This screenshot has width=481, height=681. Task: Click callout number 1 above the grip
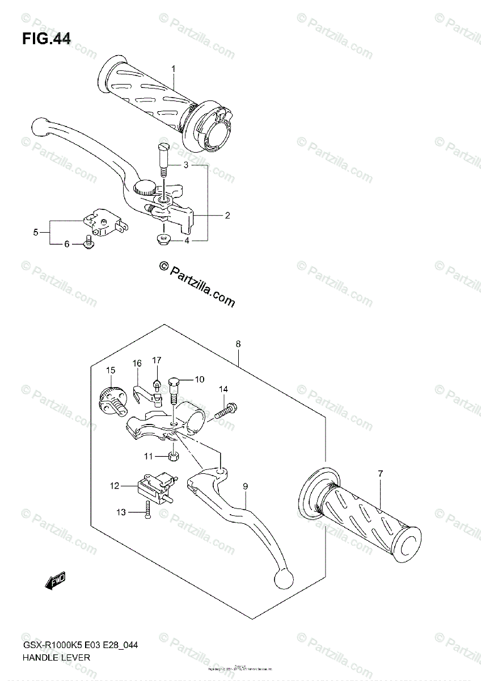(x=174, y=69)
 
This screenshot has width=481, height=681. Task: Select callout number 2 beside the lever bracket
(x=227, y=215)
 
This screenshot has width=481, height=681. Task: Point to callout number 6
(x=66, y=244)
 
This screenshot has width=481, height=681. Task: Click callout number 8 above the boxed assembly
(x=238, y=344)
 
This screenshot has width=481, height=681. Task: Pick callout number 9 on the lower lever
(x=246, y=486)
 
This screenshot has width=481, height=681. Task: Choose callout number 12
(x=115, y=485)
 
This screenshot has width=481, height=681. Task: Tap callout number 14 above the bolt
(x=223, y=389)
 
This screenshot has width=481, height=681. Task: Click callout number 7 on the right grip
(x=381, y=473)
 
